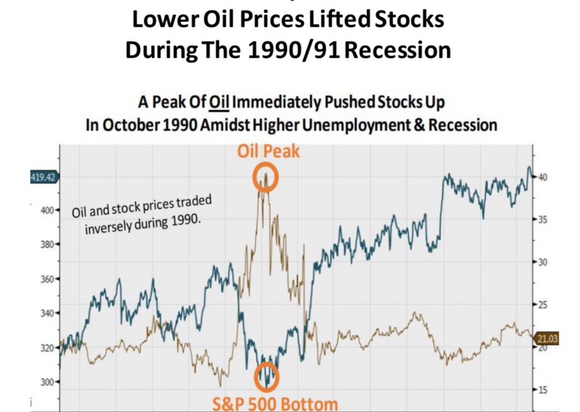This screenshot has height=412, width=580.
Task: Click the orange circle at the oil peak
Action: point(265,177)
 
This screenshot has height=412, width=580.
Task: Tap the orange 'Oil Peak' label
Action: point(266,151)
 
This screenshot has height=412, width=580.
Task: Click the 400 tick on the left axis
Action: point(46,210)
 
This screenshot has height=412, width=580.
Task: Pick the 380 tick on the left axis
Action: point(46,245)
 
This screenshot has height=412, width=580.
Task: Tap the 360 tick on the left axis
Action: point(46,280)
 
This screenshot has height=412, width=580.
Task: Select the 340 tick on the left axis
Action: point(46,313)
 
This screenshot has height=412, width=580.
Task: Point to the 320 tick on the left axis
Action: point(46,348)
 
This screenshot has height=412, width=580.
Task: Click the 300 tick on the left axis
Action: point(46,382)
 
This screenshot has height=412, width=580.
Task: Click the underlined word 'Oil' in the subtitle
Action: point(218,102)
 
